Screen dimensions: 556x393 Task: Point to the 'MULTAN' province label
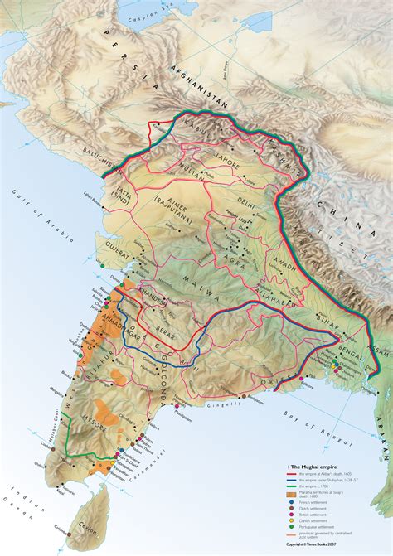click(x=170, y=167)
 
